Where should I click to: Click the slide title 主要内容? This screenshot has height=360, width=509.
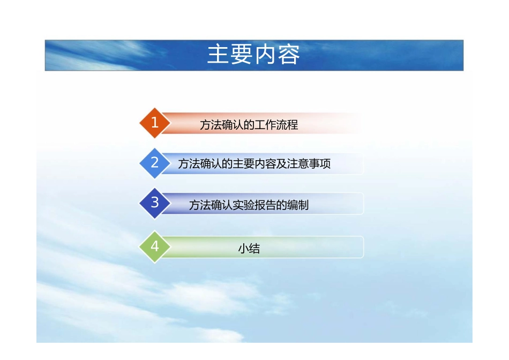(253, 55)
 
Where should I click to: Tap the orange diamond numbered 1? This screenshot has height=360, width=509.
(155, 123)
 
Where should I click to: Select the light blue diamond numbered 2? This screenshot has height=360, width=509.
(155, 163)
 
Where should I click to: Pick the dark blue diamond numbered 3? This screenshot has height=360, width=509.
(155, 203)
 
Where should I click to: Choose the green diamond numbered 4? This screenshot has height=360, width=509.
(155, 247)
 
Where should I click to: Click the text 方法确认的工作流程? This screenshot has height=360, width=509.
(249, 125)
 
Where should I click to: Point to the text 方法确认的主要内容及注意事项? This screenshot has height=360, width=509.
(254, 164)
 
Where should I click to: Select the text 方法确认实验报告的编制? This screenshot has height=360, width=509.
(249, 205)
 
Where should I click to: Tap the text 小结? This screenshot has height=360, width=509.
(249, 249)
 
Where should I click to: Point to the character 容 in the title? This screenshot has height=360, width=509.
(289, 55)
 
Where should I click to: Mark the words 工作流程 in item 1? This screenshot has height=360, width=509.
(276, 125)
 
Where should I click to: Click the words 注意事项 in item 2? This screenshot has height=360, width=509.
(309, 164)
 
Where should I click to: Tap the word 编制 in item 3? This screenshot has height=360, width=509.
(298, 205)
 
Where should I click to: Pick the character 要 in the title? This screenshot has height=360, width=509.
(242, 55)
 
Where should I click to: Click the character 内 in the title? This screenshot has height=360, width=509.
(265, 55)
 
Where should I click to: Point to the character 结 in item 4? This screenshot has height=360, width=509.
(254, 249)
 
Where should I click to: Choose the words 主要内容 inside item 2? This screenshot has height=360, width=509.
(254, 164)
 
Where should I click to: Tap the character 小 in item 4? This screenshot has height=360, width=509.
(243, 249)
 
